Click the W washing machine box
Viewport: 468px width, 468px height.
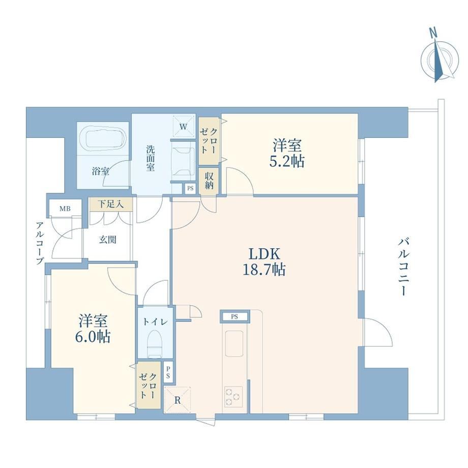[183, 127]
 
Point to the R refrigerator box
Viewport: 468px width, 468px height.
[178, 400]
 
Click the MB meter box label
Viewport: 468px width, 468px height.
[65, 209]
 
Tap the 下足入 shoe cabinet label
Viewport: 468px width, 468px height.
[111, 204]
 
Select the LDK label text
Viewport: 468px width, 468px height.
[265, 254]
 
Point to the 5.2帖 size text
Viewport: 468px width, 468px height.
[287, 161]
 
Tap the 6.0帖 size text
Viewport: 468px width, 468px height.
[93, 337]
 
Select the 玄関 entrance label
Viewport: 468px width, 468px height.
[107, 240]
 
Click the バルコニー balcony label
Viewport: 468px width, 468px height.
[403, 267]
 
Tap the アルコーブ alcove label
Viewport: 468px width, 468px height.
[39, 243]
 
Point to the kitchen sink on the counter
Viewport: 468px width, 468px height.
[234, 343]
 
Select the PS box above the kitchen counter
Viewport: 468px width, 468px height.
[235, 317]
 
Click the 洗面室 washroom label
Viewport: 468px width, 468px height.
[150, 158]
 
